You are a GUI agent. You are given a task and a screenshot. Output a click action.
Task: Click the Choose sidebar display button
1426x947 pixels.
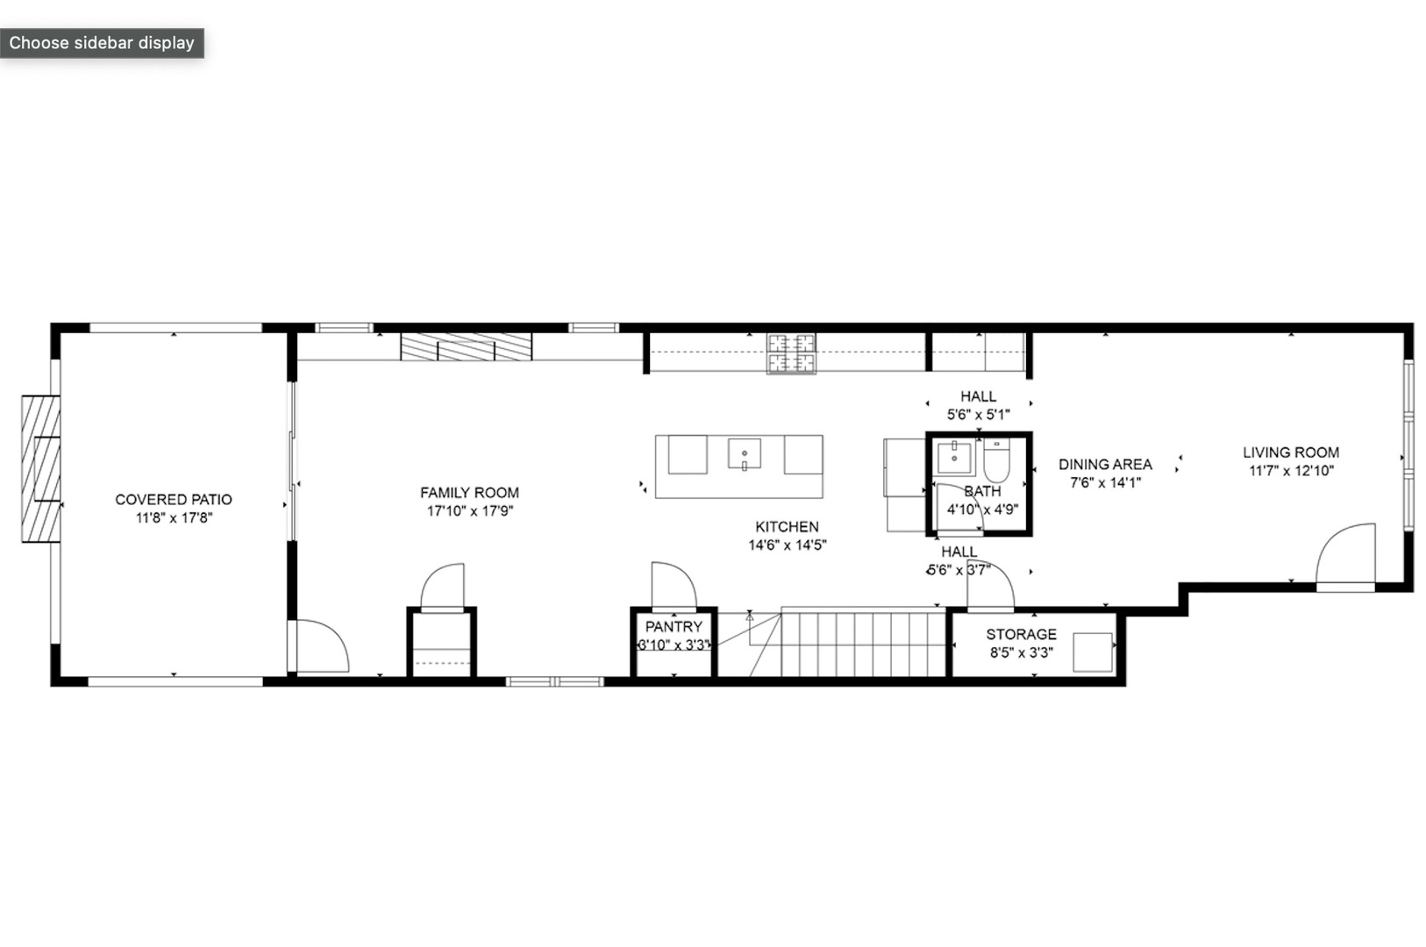click(102, 43)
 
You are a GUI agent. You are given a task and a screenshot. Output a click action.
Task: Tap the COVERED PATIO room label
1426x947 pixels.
click(174, 500)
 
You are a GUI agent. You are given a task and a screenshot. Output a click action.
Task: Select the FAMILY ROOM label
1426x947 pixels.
click(469, 493)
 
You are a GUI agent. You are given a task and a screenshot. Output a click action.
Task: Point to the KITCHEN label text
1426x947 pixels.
click(787, 527)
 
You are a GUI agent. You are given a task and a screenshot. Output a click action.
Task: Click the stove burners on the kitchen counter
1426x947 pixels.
click(791, 353)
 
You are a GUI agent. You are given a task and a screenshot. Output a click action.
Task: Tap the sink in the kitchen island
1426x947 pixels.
click(744, 454)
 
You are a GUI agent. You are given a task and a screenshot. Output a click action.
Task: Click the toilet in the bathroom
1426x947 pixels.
click(997, 459)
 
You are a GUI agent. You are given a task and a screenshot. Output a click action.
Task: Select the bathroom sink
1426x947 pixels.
click(954, 458)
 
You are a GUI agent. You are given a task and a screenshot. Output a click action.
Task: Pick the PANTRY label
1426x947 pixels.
click(674, 627)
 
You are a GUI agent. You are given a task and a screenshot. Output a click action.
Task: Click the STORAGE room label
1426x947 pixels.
click(1021, 634)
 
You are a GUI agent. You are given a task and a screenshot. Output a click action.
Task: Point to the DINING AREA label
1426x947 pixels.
click(1105, 465)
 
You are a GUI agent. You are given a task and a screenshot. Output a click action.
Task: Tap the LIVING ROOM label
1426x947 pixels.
click(1290, 452)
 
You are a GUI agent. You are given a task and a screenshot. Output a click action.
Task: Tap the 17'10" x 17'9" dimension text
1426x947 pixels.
click(469, 511)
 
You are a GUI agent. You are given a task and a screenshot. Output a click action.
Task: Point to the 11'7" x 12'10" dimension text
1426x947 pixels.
click(1291, 471)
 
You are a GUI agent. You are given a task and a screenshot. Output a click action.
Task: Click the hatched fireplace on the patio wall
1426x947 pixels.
click(41, 469)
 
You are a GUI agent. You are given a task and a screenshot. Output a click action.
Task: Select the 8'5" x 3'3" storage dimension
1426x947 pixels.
click(1021, 652)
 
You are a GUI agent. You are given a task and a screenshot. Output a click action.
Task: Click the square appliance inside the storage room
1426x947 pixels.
click(1093, 652)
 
